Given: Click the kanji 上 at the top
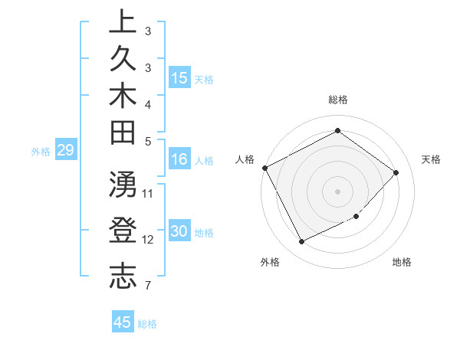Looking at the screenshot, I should (122, 22).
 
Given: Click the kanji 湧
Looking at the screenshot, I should (122, 185).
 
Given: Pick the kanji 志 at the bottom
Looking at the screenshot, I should (122, 277).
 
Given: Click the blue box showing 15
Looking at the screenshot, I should (179, 78).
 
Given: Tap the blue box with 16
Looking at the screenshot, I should (179, 159).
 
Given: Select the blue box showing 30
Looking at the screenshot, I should (179, 232).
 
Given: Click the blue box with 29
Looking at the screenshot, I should (65, 150).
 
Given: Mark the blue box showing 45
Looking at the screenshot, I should (123, 322).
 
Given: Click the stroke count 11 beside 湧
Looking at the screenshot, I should (148, 193).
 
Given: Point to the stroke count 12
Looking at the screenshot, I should (148, 241).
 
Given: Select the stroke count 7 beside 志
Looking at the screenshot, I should (147, 286).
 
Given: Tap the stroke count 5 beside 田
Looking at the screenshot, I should (147, 141).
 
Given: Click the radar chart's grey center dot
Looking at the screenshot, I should (337, 191).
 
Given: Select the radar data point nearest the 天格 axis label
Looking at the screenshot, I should (396, 172).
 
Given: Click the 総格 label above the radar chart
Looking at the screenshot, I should (338, 100).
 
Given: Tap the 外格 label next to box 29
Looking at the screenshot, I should (41, 152).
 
